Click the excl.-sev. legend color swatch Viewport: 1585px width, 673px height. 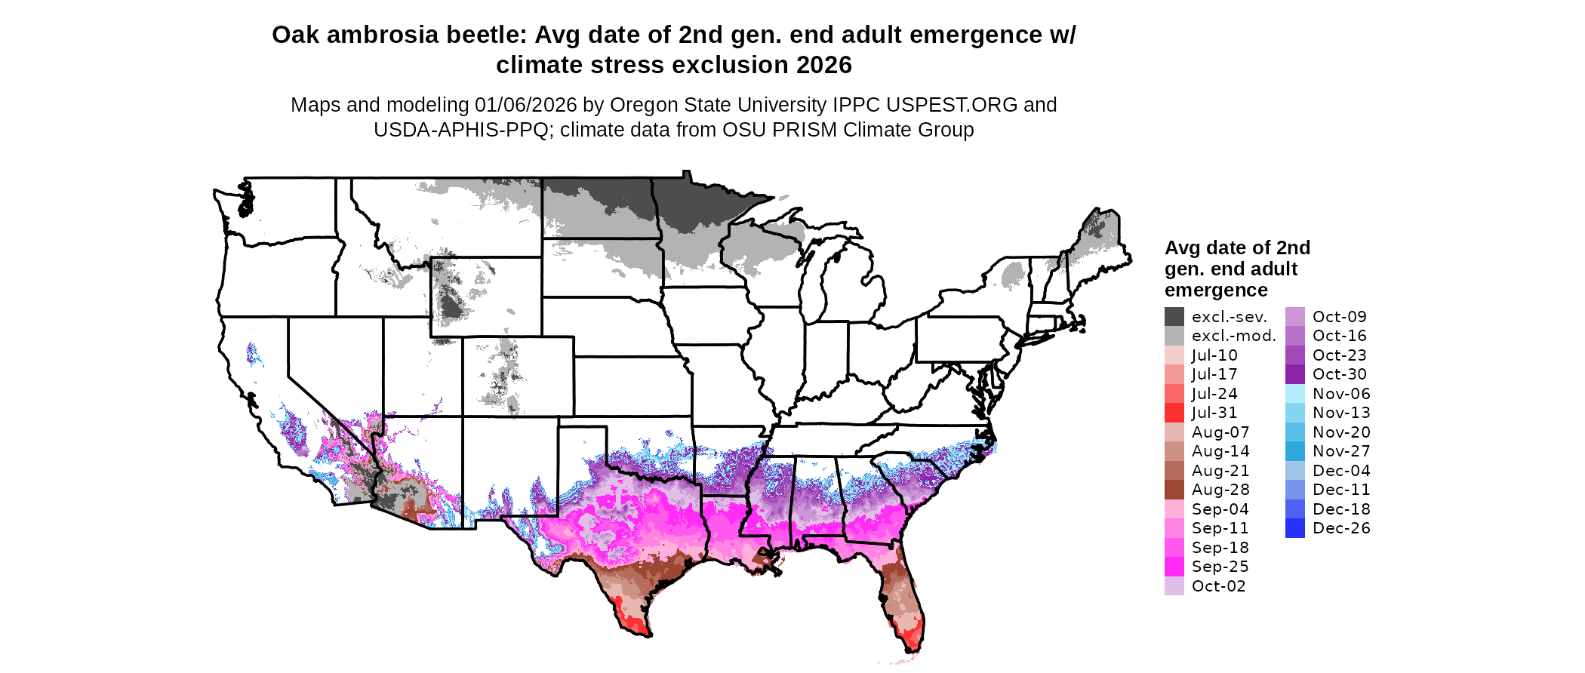[x=1174, y=317]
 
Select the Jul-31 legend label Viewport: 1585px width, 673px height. [x=1214, y=413]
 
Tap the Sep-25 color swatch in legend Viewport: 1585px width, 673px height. [x=1174, y=567]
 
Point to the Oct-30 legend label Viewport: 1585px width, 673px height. [x=1339, y=374]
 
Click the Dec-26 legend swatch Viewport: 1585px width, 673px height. [x=1294, y=528]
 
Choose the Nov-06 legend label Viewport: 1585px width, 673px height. [x=1340, y=394]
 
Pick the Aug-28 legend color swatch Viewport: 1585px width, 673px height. [x=1174, y=490]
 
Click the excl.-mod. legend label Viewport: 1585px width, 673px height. [x=1233, y=336]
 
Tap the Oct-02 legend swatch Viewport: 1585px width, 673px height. [x=1174, y=586]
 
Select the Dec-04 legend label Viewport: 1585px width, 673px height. [x=1340, y=471]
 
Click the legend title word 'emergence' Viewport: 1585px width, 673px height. [x=1216, y=290]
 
